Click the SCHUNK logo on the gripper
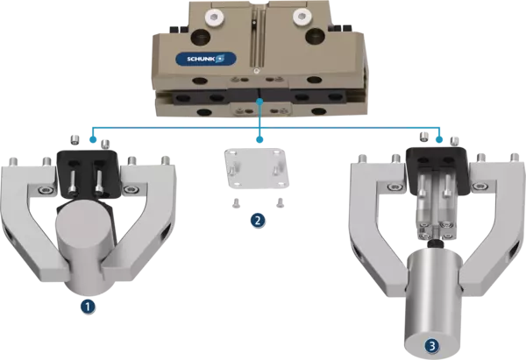[x=206, y=60]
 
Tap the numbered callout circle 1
[x=88, y=307]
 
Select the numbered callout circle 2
[x=257, y=220]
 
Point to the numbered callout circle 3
[x=431, y=345]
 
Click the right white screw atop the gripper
[x=300, y=15]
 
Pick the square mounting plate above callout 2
[x=256, y=168]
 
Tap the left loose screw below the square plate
[x=236, y=203]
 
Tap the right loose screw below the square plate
[x=280, y=202]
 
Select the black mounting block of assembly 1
[x=89, y=174]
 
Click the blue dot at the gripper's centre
[x=259, y=101]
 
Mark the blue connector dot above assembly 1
[x=93, y=139]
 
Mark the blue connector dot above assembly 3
[x=439, y=139]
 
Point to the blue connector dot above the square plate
[x=259, y=139]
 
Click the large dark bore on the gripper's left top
[x=201, y=37]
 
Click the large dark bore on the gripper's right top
[x=316, y=36]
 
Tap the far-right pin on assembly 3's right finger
[x=515, y=159]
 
